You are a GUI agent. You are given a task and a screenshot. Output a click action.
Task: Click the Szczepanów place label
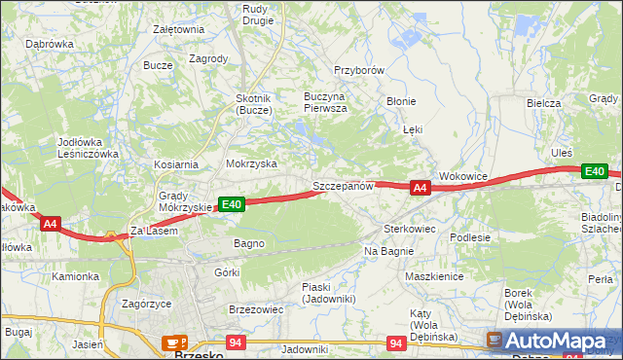pos(343,186)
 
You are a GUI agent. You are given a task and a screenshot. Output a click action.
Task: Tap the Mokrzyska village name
pos(251,164)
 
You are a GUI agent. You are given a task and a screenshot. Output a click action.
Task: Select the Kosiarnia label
pos(175,164)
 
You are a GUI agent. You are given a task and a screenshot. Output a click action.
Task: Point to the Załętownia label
pos(178,29)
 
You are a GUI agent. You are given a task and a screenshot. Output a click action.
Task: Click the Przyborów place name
pos(360,71)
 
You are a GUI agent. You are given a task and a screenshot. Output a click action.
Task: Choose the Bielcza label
pos(543,103)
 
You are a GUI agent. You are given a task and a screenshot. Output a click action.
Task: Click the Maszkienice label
pos(433,276)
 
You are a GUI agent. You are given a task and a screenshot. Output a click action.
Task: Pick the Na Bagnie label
pos(389,251)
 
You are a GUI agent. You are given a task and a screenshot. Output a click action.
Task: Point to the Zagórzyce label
pos(147,304)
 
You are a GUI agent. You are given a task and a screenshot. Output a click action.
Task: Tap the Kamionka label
pos(76,276)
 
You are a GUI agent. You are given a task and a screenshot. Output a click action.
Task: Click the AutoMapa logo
pos(551,341)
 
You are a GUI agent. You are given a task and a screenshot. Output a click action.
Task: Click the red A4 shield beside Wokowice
pos(420,188)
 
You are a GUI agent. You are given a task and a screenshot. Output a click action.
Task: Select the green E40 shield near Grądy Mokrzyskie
pos(231,204)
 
